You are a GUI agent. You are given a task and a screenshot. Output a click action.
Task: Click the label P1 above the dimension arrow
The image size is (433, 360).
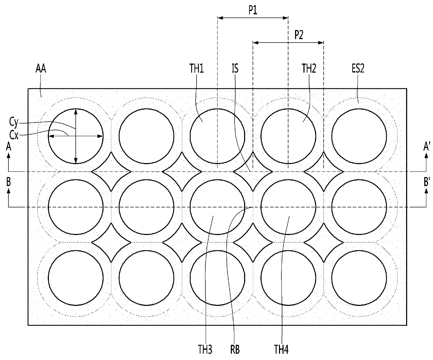click(253, 10)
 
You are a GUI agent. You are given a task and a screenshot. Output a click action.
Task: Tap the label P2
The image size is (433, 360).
click(299, 35)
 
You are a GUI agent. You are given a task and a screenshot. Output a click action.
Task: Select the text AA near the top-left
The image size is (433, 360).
click(41, 68)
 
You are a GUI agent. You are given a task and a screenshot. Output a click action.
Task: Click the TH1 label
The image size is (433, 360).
click(197, 68)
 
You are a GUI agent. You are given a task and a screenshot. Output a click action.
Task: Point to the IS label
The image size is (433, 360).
click(235, 68)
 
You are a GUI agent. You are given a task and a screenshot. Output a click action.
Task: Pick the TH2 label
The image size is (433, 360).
click(309, 68)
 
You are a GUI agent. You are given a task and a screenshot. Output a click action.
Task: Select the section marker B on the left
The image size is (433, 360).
click(8, 182)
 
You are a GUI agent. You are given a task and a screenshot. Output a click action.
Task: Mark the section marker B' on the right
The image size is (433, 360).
click(427, 182)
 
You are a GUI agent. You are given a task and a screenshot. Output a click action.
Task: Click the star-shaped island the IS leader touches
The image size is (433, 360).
click(253, 171)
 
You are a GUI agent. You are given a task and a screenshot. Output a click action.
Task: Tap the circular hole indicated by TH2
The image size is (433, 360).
click(288, 136)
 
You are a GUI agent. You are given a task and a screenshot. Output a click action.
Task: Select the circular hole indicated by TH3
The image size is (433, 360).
click(217, 207)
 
